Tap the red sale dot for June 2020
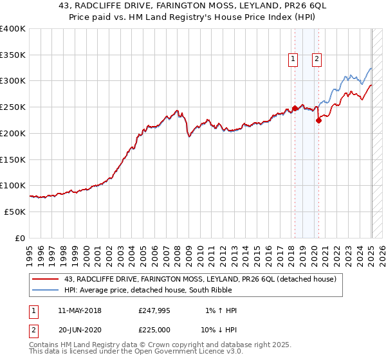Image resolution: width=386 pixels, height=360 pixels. click(x=318, y=120)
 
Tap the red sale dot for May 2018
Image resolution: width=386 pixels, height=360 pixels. click(x=295, y=108)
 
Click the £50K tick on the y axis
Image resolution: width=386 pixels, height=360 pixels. click(x=15, y=212)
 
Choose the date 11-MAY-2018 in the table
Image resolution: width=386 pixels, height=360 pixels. click(x=79, y=310)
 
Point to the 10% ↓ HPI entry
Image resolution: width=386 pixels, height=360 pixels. click(x=219, y=330)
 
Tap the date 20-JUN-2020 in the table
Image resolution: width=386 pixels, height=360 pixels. click(x=79, y=330)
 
